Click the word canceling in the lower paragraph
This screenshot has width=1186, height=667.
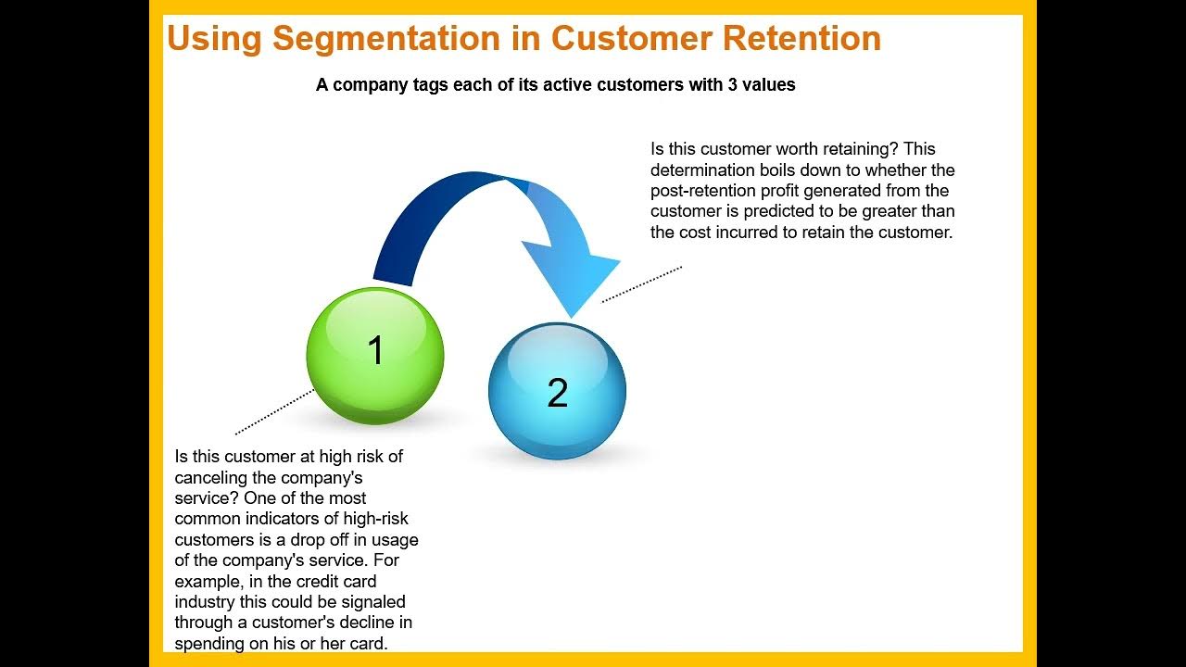tap(211, 477)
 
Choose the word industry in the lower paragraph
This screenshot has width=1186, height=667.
tap(204, 602)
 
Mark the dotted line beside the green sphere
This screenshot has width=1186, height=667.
tap(275, 412)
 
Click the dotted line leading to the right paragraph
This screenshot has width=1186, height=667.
tap(641, 284)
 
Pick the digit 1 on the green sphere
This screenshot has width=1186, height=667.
tap(375, 350)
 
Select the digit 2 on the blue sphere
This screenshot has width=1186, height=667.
tap(557, 394)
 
